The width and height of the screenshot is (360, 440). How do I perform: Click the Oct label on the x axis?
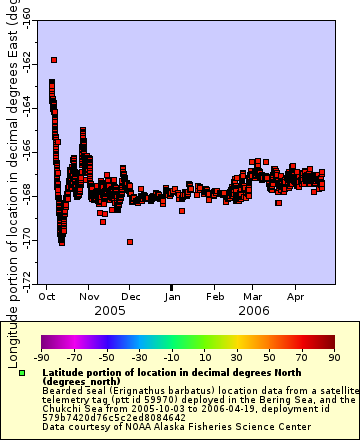(x=47, y=297)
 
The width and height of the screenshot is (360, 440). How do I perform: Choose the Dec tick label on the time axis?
(x=131, y=297)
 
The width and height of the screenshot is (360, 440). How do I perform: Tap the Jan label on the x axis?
(x=173, y=297)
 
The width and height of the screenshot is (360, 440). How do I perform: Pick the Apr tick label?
(x=296, y=297)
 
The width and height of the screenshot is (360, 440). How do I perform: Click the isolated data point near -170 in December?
(x=130, y=241)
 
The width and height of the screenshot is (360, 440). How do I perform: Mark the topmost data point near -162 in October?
(x=52, y=61)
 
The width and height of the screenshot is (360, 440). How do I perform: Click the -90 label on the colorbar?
(x=41, y=356)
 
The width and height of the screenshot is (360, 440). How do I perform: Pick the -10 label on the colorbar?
(x=172, y=356)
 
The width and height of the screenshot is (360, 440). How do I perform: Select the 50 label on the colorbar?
(x=270, y=356)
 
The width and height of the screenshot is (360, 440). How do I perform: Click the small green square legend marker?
(x=22, y=373)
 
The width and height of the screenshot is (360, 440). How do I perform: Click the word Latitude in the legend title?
(x=66, y=371)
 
